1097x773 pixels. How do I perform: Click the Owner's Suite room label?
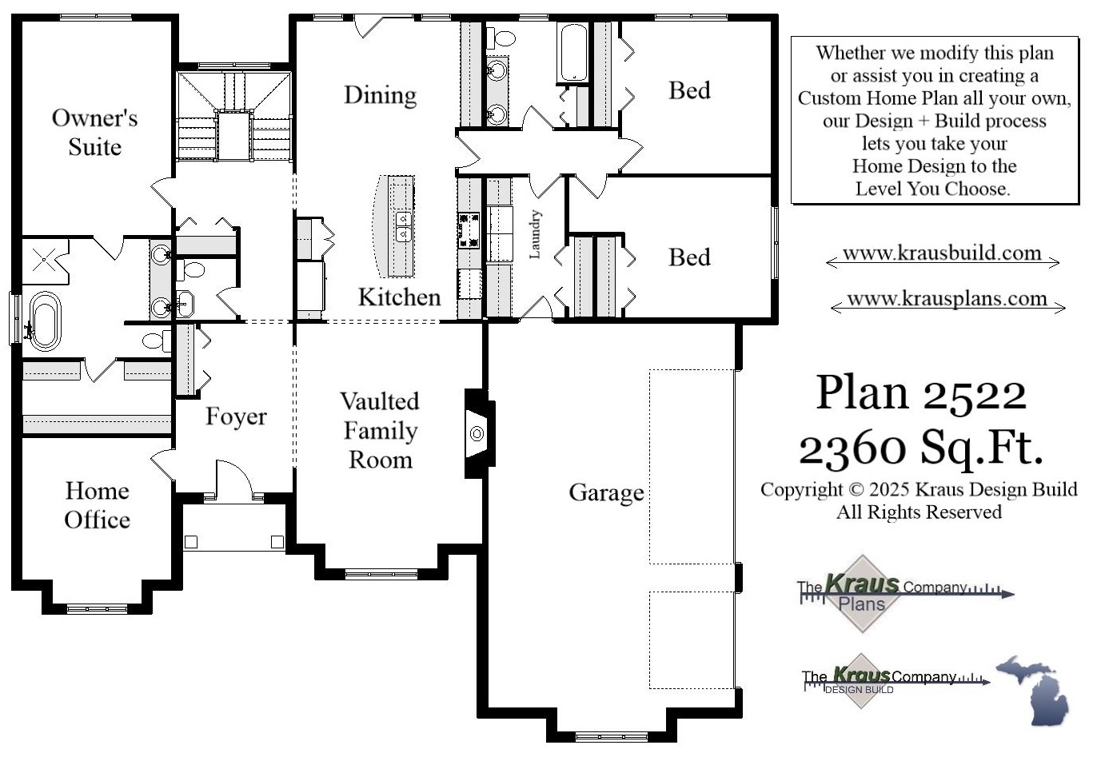point(94,132)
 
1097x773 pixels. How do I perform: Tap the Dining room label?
point(380,95)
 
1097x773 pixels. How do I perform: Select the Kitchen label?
point(399,297)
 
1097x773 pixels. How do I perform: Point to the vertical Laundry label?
point(535,234)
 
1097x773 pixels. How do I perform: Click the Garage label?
point(606,492)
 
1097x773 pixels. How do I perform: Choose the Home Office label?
point(97,505)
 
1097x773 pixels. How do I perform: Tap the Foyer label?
point(236,416)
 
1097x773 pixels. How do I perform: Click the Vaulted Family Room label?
point(380,430)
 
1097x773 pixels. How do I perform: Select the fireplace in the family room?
point(477,433)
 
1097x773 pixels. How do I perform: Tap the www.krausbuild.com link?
point(942,253)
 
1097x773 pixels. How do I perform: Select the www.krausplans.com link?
point(947,299)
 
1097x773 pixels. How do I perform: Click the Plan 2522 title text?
point(921,393)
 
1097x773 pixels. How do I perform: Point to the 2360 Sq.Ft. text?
point(921,448)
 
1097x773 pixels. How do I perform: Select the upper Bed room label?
point(689,90)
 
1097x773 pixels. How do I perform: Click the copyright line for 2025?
point(919,490)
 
